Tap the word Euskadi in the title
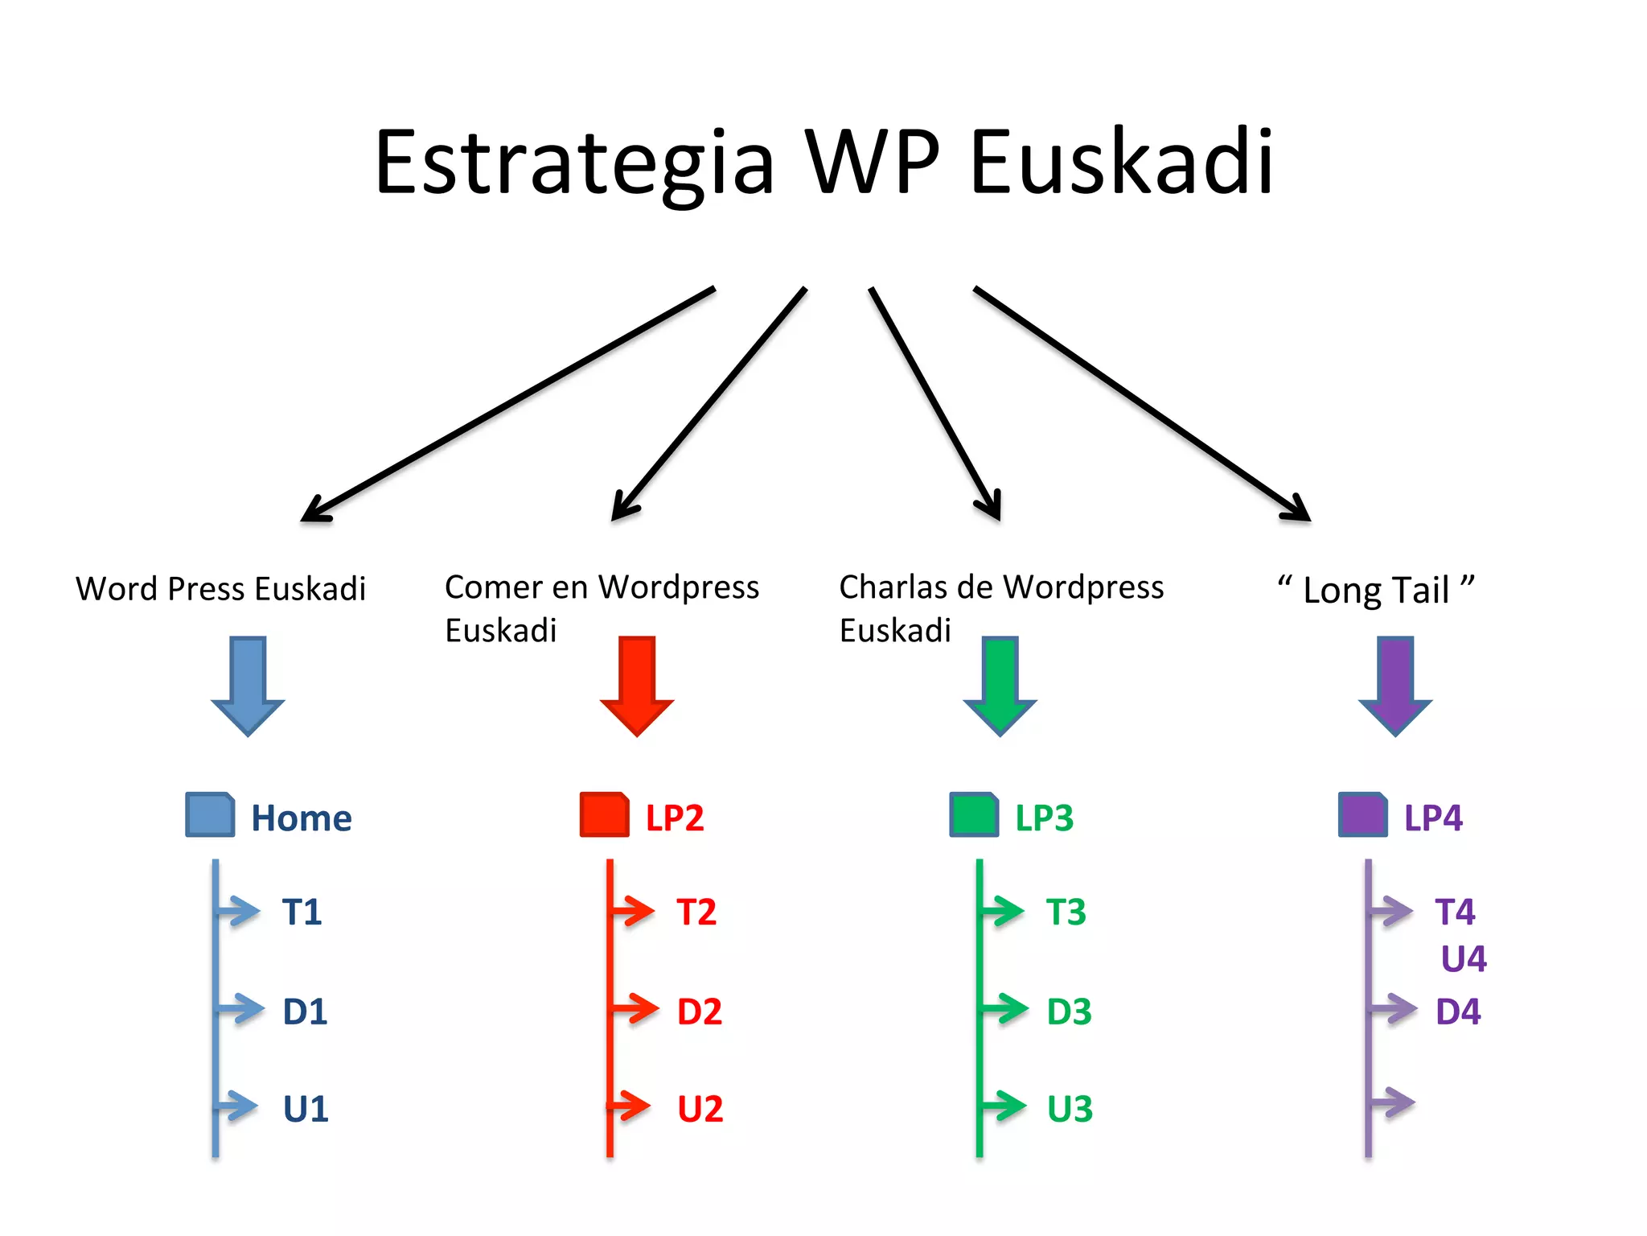click(1122, 163)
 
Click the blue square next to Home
click(210, 814)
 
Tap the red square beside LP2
click(604, 814)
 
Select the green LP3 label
click(1044, 818)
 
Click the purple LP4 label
click(1432, 818)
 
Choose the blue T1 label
click(302, 913)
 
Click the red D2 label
click(700, 1011)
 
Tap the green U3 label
click(1070, 1110)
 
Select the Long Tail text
click(1376, 590)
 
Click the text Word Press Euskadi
click(221, 589)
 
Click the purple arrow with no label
click(1391, 1102)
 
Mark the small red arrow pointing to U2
click(630, 1106)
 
